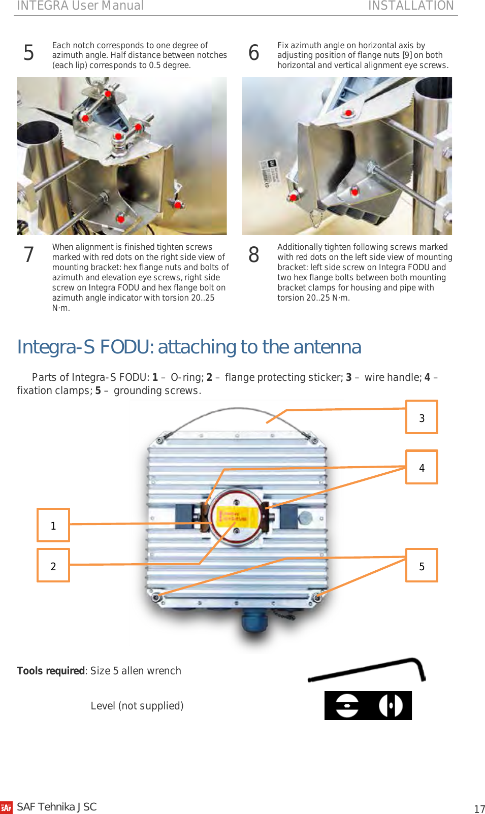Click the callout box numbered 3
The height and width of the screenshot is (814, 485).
coord(421,417)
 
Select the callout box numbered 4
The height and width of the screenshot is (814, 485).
coord(421,467)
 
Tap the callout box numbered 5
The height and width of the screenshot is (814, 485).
coord(421,566)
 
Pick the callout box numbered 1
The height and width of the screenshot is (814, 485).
coord(53,525)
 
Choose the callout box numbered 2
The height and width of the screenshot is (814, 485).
coord(53,566)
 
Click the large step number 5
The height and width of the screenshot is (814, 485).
coord(29,53)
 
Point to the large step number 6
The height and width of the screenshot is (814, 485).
coord(254,53)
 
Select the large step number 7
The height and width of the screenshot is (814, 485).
coord(29,255)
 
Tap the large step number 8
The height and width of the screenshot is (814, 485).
coord(254,255)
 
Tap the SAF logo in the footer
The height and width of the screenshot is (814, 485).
coord(7,807)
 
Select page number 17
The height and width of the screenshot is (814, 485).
coord(479,809)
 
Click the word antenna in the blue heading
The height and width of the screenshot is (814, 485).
coord(327,347)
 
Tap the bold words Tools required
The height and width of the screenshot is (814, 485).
coord(51,671)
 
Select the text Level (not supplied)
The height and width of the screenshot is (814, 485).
coord(137,706)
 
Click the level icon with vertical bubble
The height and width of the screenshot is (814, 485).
coord(391,705)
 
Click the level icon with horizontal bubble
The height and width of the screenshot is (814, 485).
coord(347,705)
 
